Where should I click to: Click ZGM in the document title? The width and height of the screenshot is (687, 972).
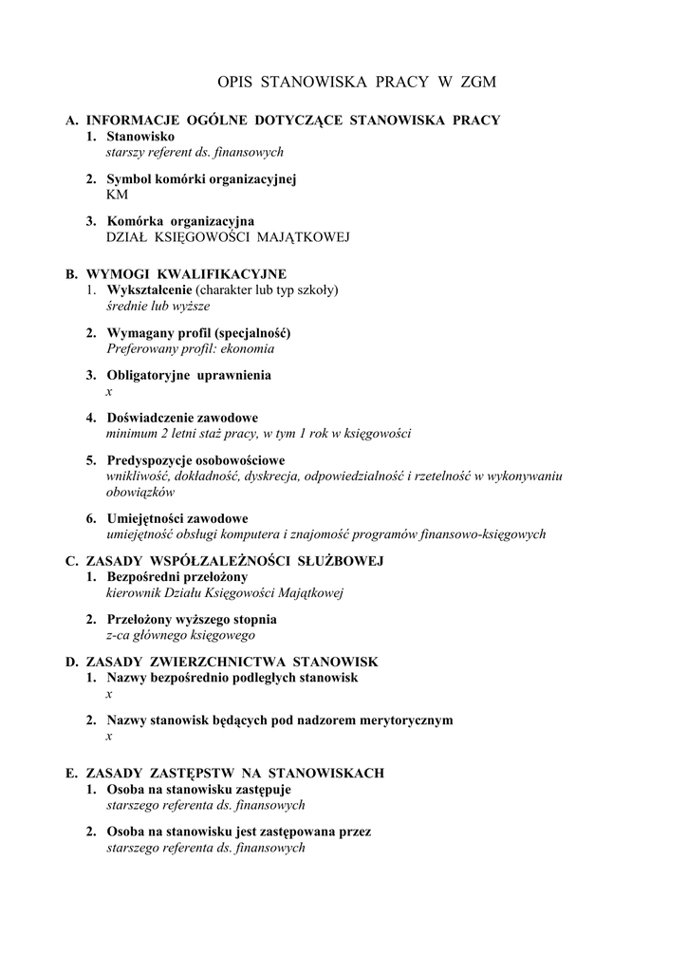click(x=477, y=84)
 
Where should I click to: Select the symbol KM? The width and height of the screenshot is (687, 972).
click(x=117, y=194)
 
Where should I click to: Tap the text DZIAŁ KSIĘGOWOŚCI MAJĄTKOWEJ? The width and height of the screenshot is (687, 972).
click(x=228, y=236)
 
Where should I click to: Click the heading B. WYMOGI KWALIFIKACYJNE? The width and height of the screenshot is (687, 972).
click(x=176, y=274)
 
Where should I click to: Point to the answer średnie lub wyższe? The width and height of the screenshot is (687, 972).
click(x=158, y=306)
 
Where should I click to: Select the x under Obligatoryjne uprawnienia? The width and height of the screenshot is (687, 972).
click(x=109, y=391)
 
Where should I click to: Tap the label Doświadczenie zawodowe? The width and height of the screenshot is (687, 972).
click(x=182, y=418)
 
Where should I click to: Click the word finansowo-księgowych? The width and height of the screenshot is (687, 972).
click(x=481, y=534)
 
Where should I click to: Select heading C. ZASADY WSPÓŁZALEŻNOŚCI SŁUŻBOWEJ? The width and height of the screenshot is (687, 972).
click(x=224, y=561)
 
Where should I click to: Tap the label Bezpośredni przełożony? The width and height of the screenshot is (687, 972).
click(x=177, y=576)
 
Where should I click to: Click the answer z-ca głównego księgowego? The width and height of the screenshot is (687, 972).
click(x=180, y=635)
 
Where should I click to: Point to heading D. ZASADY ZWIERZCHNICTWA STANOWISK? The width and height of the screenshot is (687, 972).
click(x=222, y=661)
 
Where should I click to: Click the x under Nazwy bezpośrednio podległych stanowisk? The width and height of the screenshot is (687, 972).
click(x=109, y=694)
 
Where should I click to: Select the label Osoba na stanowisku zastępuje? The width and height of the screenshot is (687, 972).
click(x=198, y=789)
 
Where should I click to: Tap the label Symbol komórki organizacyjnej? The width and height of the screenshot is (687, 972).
click(x=202, y=178)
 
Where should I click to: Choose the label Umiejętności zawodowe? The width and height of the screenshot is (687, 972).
click(x=177, y=518)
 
